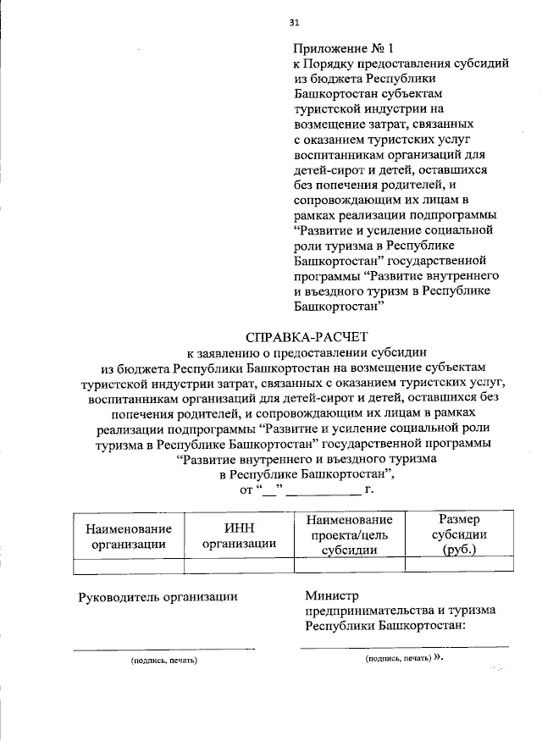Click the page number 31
[294, 23]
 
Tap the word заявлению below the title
[227, 352]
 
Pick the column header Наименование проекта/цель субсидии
[349, 534]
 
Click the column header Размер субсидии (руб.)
[459, 534]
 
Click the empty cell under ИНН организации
[238, 566]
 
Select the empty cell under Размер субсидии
[459, 566]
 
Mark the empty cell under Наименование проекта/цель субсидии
[349, 566]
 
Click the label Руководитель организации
[158, 596]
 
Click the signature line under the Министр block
[404, 646]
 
